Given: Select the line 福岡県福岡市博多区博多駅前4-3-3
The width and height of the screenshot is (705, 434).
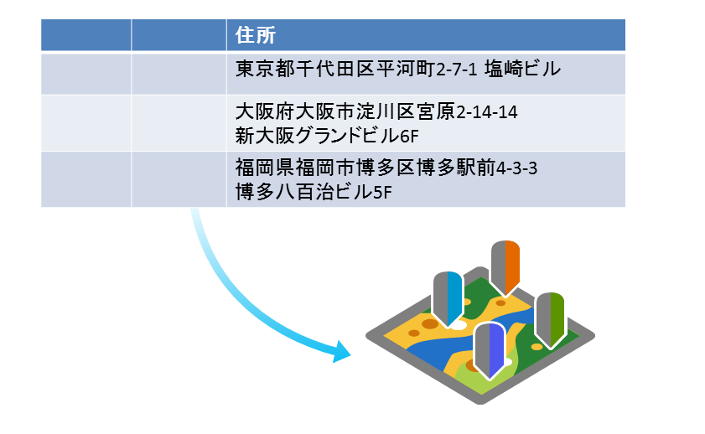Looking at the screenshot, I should [386, 168].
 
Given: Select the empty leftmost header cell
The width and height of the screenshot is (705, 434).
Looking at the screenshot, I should [86, 36].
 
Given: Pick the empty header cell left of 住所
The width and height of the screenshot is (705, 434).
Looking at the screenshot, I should [179, 36].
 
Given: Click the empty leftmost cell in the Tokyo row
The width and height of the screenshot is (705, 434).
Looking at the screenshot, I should [86, 74].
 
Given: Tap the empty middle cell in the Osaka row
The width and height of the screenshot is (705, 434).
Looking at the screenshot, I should [179, 122].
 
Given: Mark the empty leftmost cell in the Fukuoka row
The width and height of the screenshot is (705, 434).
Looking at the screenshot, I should [86, 179].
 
